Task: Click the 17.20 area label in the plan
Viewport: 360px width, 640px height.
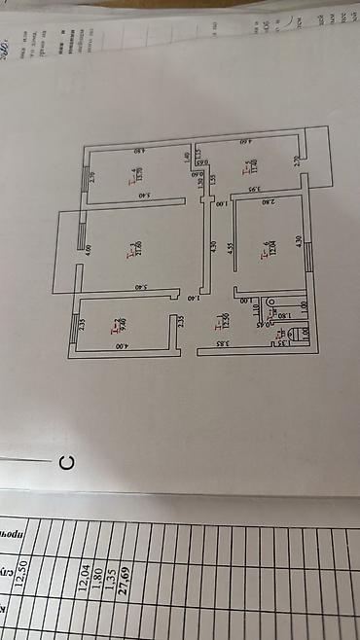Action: point(141,248)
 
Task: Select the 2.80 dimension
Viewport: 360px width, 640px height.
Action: point(268,201)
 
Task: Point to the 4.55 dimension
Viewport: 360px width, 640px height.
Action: point(231,248)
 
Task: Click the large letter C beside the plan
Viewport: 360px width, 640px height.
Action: point(65,462)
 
